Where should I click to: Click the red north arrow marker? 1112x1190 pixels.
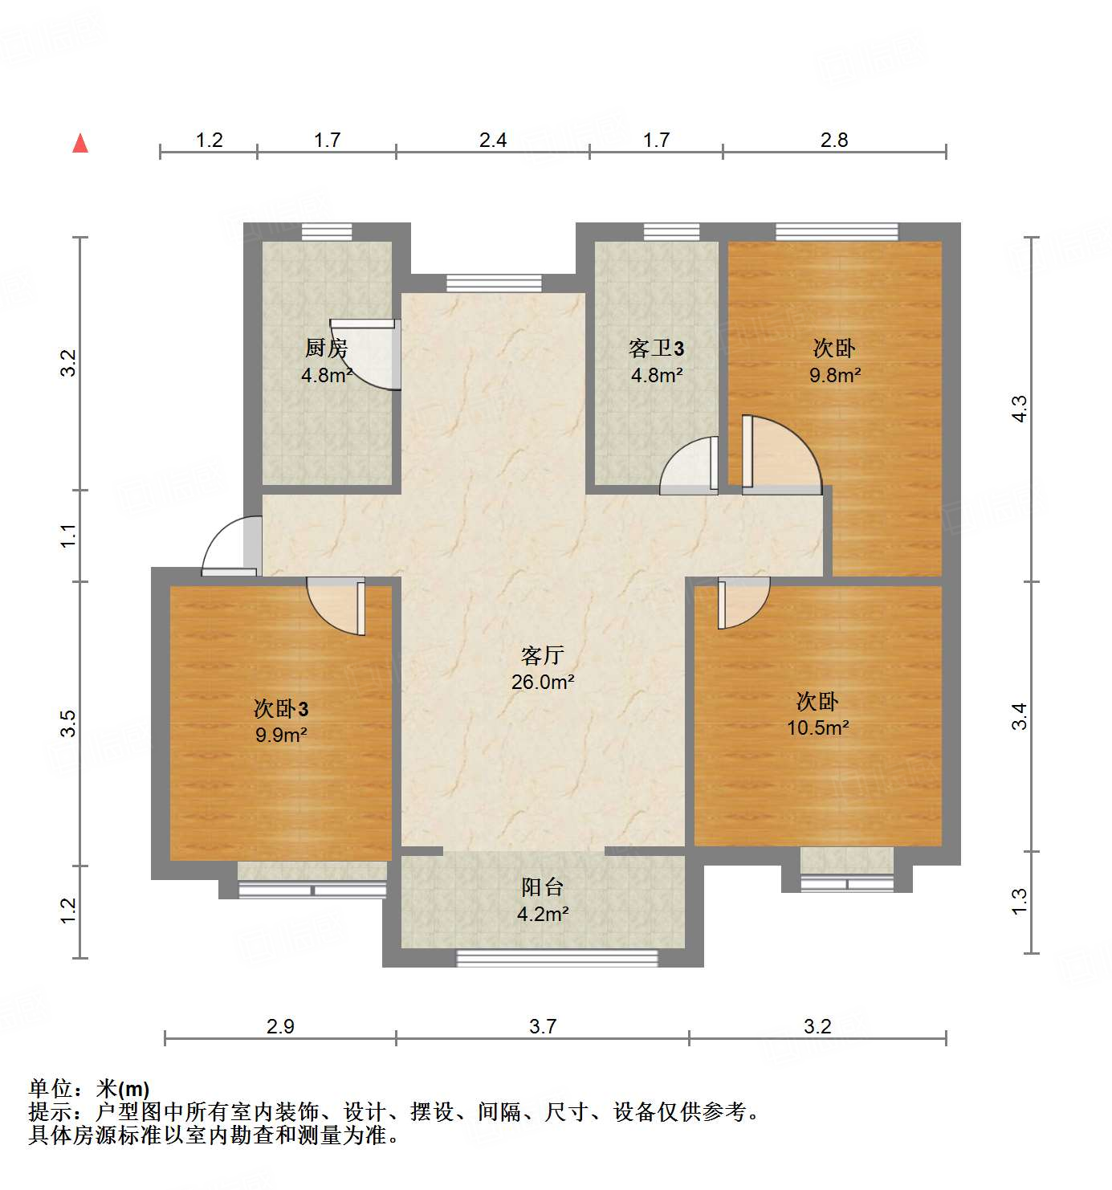click(x=80, y=143)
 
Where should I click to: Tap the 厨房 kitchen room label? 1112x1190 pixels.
click(x=326, y=348)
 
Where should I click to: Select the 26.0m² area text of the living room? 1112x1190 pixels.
click(x=543, y=683)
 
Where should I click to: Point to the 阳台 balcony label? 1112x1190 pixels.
click(x=543, y=887)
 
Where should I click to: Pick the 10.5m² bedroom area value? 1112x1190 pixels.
click(x=818, y=728)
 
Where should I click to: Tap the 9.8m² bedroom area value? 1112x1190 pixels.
click(x=835, y=375)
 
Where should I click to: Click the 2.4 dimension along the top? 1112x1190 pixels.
click(x=493, y=141)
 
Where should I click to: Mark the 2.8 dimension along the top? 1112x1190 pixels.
click(x=834, y=141)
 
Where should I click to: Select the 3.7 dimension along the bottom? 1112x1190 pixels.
click(x=543, y=1026)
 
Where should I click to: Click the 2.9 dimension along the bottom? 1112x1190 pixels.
click(x=281, y=1026)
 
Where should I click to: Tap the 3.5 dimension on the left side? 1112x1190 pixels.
click(x=70, y=723)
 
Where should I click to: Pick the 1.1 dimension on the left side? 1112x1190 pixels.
click(x=70, y=536)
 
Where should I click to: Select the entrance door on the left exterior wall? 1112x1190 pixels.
click(x=230, y=547)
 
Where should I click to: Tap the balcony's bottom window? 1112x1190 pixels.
click(x=556, y=957)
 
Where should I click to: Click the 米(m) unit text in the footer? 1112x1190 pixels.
click(x=123, y=1089)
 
